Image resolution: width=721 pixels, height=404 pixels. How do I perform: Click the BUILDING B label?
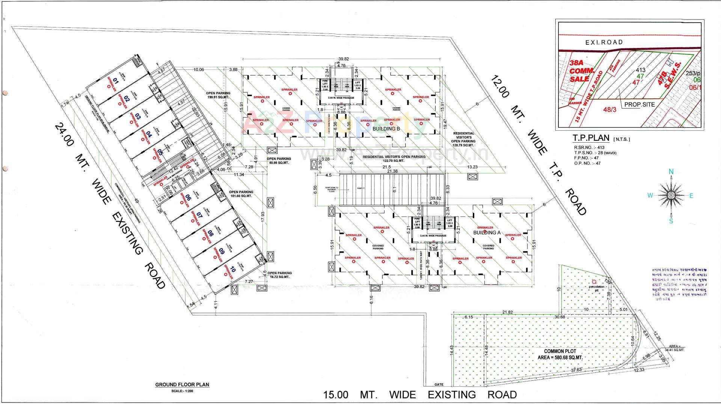386,129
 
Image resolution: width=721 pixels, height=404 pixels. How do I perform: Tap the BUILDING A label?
487,232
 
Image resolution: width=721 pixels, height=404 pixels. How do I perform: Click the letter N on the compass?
671,172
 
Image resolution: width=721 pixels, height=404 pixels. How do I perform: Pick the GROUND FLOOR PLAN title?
182,384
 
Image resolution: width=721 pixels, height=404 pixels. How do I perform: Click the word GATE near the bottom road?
439,384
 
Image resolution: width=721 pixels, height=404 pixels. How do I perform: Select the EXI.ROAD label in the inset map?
604,42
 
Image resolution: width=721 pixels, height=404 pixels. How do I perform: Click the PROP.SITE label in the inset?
640,105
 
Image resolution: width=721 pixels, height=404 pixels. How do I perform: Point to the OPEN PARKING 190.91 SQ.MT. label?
218,95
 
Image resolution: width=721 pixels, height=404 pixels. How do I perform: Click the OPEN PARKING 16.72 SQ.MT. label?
279,275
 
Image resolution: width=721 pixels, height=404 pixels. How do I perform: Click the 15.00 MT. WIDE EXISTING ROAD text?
420,395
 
